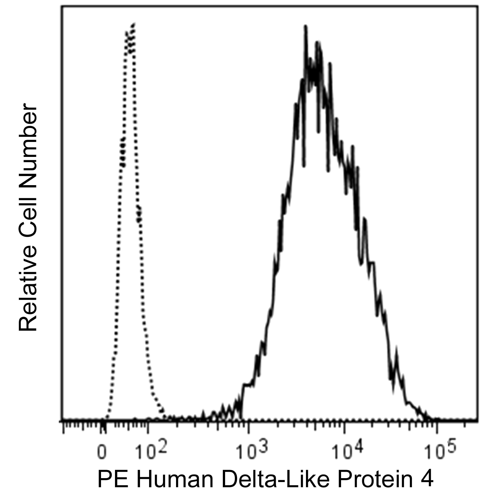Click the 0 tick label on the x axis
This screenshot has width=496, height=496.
pyautogui.click(x=102, y=452)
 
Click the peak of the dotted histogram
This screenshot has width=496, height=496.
pyautogui.click(x=133, y=24)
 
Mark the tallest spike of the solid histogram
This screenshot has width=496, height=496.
pyautogui.click(x=305, y=27)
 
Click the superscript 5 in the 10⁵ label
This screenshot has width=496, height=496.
pyautogui.click(x=451, y=444)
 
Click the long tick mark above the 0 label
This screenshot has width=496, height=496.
pyautogui.click(x=103, y=428)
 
